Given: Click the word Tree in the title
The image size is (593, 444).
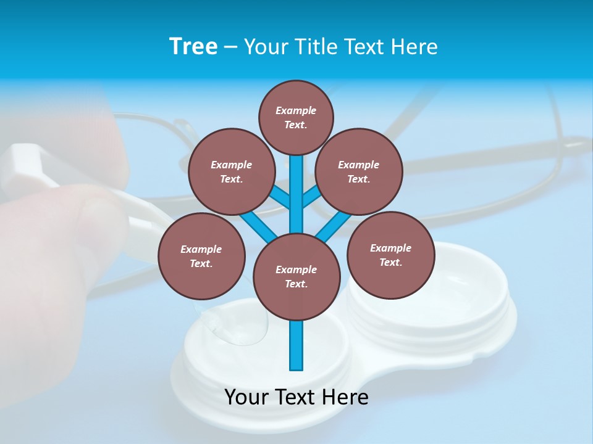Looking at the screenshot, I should coord(193,47).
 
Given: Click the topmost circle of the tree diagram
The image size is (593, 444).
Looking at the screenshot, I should coord(296,117).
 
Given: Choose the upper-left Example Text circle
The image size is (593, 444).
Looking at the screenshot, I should coord(231,171).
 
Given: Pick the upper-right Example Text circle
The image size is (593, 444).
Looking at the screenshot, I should coord(359,171).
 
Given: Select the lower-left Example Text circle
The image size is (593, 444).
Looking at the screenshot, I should coord(201,256).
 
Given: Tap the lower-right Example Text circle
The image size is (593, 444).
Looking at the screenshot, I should coord(390,255).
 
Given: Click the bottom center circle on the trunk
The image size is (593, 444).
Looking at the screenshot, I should coord(296,276).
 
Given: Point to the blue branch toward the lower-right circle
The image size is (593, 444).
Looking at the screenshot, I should coord(334,225).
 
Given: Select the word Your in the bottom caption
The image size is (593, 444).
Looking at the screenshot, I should coord(246,397).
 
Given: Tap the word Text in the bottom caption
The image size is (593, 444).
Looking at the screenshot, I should coord(296,397).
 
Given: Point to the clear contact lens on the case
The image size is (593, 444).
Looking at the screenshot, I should coord(238,324).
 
